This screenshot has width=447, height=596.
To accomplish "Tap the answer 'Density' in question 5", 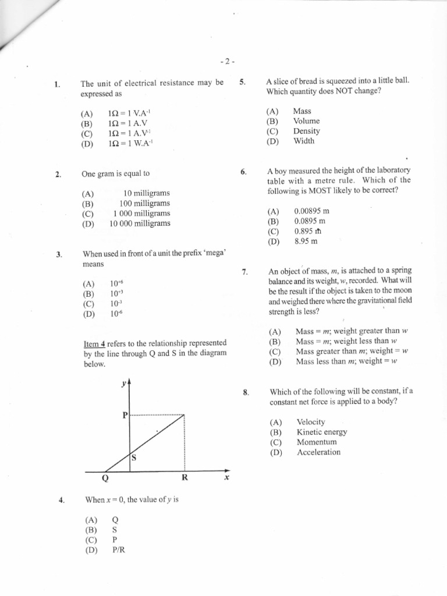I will point(306,131).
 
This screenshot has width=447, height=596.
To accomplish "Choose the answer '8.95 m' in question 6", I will point(306,242).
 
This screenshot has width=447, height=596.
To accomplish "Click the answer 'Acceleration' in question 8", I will point(318,452).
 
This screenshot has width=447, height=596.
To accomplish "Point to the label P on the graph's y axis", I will point(124,416).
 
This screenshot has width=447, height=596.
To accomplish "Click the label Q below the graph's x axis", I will point(105,479).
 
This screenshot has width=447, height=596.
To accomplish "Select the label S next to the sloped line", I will point(133,458).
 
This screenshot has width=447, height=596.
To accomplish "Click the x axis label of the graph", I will point(226,478).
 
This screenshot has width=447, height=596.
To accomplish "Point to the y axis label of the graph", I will point(123,383).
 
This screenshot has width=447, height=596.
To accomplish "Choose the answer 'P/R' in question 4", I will point(118,549).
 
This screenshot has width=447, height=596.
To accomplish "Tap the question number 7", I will point(245,272).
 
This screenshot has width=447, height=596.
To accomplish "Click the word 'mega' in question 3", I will point(215,254).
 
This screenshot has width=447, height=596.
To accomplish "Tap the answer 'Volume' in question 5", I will point(306,121).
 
